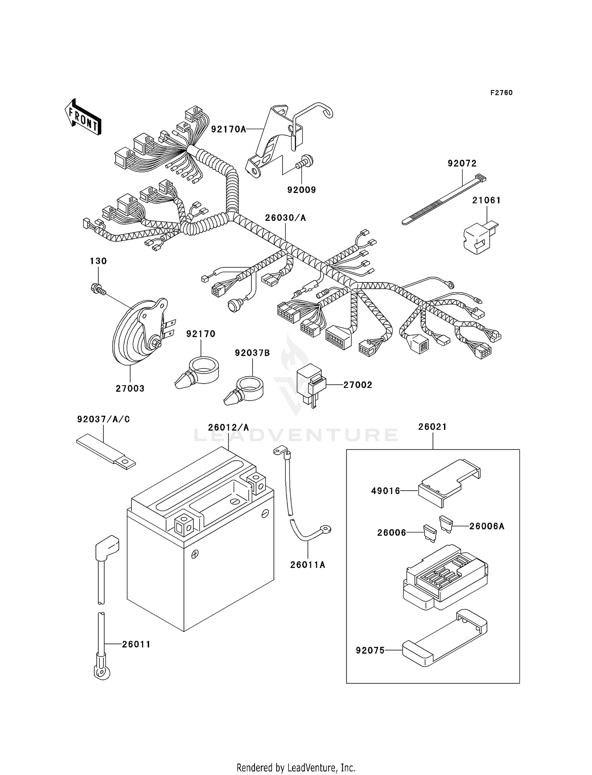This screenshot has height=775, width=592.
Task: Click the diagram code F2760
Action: (x=501, y=93)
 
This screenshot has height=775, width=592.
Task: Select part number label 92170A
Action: (x=228, y=129)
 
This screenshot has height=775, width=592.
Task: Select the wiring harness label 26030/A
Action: (x=285, y=218)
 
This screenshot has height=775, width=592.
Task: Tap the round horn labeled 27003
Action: (x=138, y=334)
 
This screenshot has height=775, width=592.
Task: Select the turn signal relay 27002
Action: (x=312, y=385)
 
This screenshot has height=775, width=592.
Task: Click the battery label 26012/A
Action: (x=229, y=427)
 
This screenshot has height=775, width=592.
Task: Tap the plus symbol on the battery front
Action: (x=194, y=555)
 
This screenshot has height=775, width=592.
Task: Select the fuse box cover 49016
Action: (x=448, y=482)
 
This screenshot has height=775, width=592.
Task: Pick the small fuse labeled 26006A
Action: (x=446, y=523)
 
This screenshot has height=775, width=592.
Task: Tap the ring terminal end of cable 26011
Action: (x=101, y=672)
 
